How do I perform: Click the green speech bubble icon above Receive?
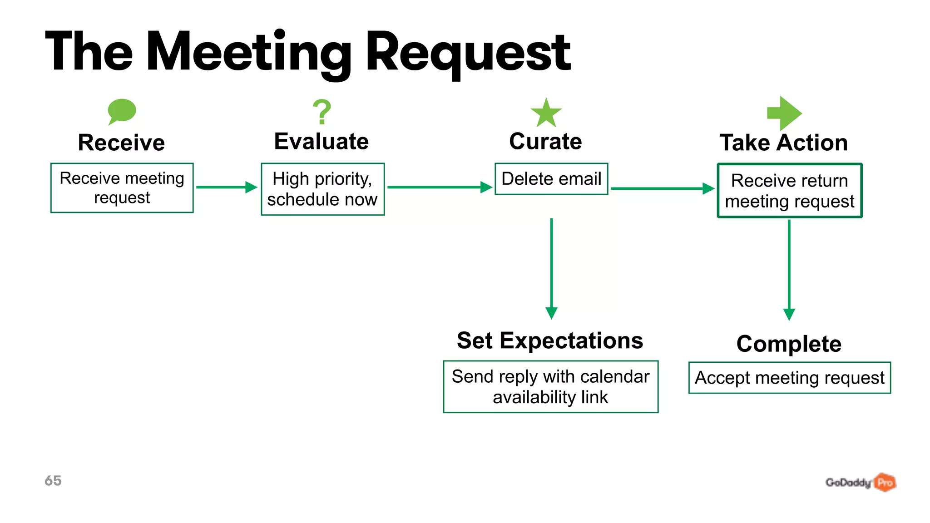tap(122, 111)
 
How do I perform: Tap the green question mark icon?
tap(322, 112)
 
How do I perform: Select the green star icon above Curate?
tap(546, 113)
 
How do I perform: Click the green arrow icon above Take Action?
tap(784, 113)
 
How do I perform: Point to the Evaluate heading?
tap(322, 141)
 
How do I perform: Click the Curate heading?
tap(545, 141)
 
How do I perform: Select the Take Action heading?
tap(784, 143)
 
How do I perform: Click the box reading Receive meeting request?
tap(122, 187)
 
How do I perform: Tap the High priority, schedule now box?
tap(322, 189)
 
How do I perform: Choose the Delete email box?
tap(551, 179)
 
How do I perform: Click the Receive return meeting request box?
tap(789, 191)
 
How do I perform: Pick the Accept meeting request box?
tap(789, 378)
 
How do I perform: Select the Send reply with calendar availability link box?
tap(550, 387)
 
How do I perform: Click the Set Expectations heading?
tap(550, 340)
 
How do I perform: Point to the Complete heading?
tap(789, 344)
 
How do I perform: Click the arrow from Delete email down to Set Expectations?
tap(551, 268)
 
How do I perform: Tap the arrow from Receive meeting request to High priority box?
tap(226, 187)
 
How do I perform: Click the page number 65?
tap(53, 480)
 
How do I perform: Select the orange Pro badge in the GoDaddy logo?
tap(885, 482)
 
